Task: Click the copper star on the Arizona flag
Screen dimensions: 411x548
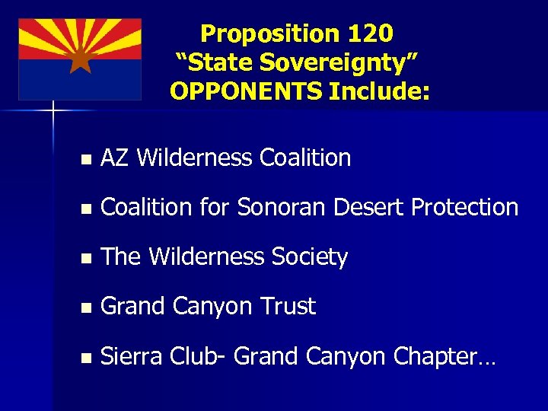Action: pos(80,59)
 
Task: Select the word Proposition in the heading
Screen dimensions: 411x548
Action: pos(269,33)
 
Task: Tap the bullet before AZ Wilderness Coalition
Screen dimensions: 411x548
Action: pos(86,160)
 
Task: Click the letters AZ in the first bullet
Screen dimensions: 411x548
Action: pos(116,158)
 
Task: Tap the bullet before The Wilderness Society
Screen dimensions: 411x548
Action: pos(86,259)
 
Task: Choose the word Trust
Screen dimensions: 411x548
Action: pos(288,306)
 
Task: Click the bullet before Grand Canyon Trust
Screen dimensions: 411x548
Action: pos(86,308)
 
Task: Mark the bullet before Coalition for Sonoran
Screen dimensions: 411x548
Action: pos(86,209)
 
